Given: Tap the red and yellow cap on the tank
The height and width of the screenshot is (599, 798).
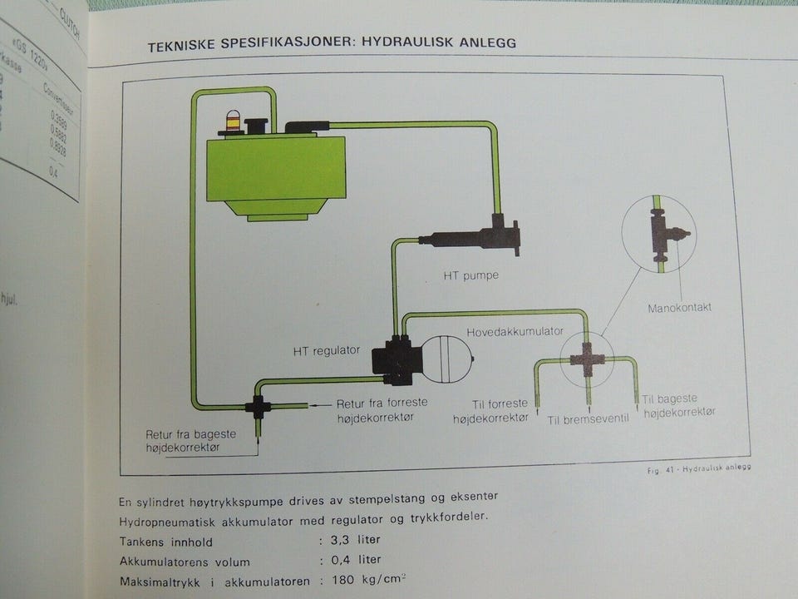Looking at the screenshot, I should click(x=233, y=123).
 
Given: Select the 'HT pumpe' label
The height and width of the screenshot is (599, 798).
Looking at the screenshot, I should click(x=471, y=275).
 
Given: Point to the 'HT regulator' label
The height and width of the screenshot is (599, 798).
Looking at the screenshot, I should click(x=327, y=350).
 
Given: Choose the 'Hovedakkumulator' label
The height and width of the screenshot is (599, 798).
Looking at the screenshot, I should click(x=515, y=331).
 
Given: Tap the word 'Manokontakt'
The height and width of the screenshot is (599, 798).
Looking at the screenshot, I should click(x=679, y=308).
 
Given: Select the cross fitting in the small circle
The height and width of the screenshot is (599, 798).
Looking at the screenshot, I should click(x=588, y=359).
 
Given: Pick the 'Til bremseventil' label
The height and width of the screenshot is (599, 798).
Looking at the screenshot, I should click(x=588, y=418).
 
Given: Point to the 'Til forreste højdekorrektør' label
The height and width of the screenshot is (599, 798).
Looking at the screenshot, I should click(x=490, y=412).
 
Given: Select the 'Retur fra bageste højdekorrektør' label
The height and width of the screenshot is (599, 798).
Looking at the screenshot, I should click(x=190, y=441).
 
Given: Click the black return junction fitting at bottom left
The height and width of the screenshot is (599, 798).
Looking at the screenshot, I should click(x=257, y=407).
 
